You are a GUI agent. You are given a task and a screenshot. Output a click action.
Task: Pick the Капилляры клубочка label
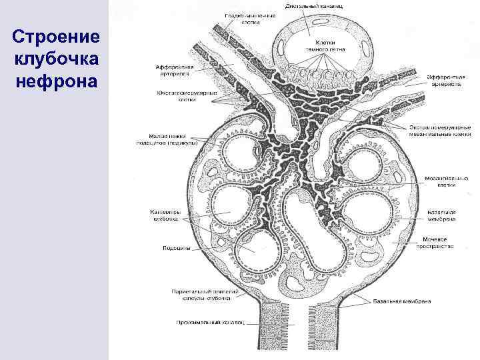click(165, 215)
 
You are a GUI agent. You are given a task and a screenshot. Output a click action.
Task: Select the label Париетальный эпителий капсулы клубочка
click(201, 294)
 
